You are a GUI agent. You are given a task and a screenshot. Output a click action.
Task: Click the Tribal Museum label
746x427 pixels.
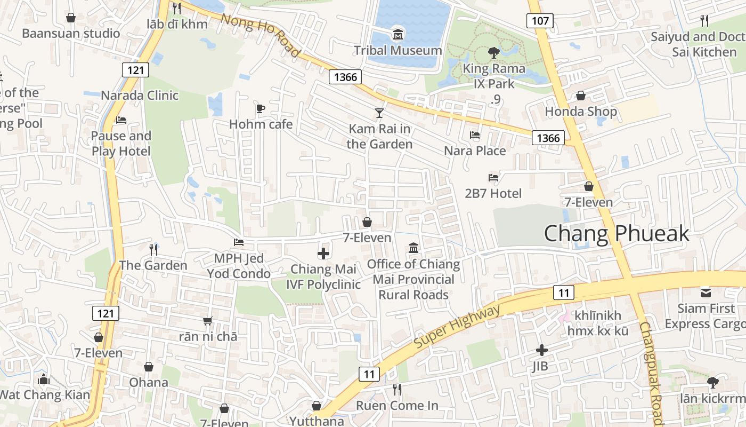pyautogui.click(x=399, y=51)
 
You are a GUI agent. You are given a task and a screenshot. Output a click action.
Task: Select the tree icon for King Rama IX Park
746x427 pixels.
pyautogui.click(x=493, y=52)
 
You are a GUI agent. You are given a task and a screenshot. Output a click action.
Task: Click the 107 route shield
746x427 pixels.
pyautogui.click(x=540, y=21)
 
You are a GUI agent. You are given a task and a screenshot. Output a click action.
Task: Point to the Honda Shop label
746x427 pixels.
pyautogui.click(x=581, y=112)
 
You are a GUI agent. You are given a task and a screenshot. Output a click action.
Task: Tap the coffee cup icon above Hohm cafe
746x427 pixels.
pyautogui.click(x=261, y=109)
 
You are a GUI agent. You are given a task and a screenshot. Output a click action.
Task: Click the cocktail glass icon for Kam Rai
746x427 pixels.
pyautogui.click(x=379, y=113)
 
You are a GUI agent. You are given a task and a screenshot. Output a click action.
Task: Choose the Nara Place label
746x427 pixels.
pyautogui.click(x=475, y=151)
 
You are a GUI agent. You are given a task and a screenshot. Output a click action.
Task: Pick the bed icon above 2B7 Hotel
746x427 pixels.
pyautogui.click(x=493, y=178)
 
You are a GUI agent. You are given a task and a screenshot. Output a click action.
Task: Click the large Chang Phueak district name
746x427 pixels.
pyautogui.click(x=617, y=234)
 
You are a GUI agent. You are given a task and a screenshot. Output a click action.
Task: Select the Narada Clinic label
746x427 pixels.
pyautogui.click(x=140, y=96)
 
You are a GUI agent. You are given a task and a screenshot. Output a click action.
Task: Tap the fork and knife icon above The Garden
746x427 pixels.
pyautogui.click(x=153, y=249)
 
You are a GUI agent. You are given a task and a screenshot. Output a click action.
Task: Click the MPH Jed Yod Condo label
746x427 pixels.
pyautogui.click(x=239, y=266)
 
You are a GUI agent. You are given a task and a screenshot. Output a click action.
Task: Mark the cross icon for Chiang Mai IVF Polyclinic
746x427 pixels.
pyautogui.click(x=323, y=254)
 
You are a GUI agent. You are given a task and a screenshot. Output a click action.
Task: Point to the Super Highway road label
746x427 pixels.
pyautogui.click(x=457, y=327)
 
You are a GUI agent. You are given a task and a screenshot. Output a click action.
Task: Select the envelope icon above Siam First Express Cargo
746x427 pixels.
pyautogui.click(x=706, y=292)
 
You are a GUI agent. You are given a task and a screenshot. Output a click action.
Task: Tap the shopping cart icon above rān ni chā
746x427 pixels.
pyautogui.click(x=208, y=321)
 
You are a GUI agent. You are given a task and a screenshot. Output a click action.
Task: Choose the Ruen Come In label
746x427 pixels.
pyautogui.click(x=397, y=406)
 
